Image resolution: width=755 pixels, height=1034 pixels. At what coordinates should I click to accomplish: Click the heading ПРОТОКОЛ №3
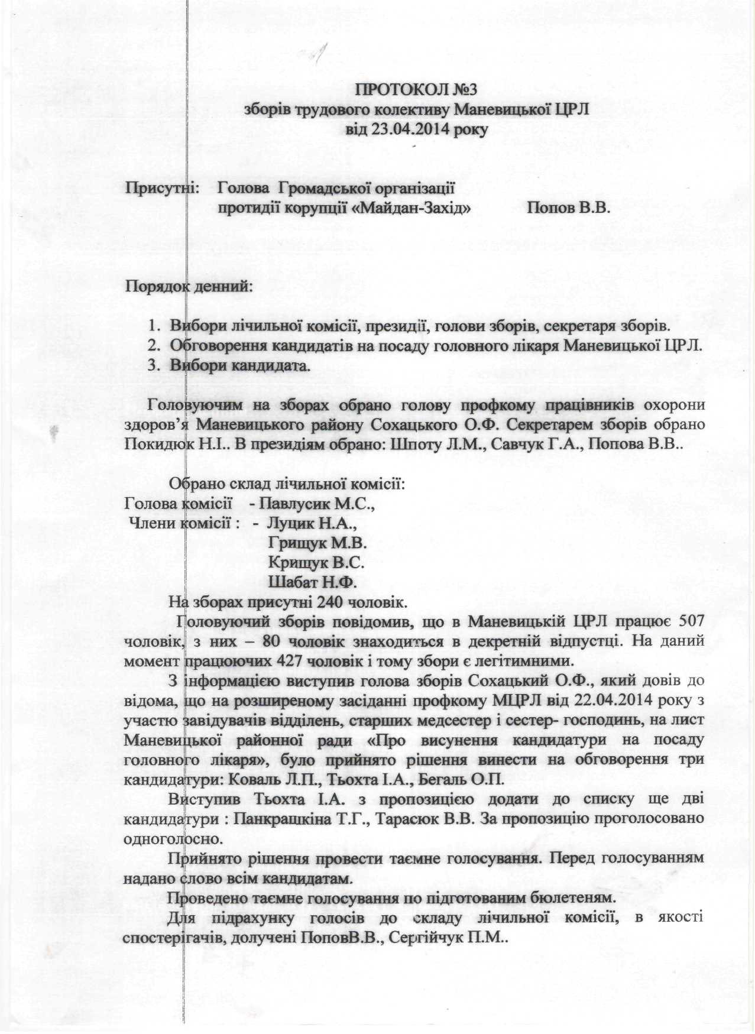(414, 90)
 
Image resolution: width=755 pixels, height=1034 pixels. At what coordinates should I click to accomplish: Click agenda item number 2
(155, 345)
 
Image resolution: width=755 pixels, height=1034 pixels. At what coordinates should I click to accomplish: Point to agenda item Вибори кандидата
(240, 365)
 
